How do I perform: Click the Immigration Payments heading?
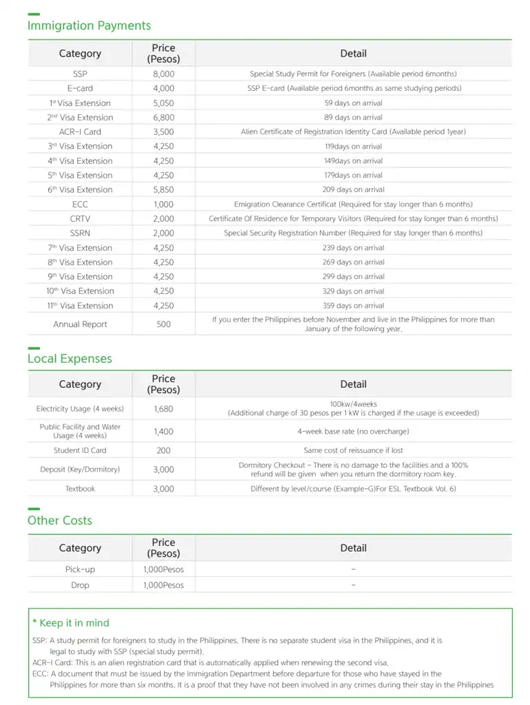click(x=89, y=25)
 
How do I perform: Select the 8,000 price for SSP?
click(x=163, y=74)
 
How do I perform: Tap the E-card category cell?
click(x=80, y=88)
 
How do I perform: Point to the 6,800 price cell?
click(x=163, y=117)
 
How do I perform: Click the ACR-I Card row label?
click(x=80, y=131)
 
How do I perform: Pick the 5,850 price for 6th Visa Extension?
click(x=163, y=189)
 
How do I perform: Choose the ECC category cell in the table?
click(x=80, y=204)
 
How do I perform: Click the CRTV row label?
click(x=80, y=219)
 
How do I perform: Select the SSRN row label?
click(x=80, y=233)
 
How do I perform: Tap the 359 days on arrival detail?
click(x=353, y=306)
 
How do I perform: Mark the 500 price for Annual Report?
click(x=163, y=324)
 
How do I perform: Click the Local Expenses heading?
click(x=70, y=359)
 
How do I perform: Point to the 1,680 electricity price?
click(x=163, y=409)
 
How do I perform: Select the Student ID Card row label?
click(x=80, y=450)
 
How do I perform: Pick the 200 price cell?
click(x=163, y=450)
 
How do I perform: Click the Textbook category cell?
click(x=80, y=489)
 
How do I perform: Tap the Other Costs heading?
click(x=60, y=520)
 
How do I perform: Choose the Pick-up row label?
click(x=80, y=569)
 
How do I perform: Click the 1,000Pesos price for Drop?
click(x=163, y=585)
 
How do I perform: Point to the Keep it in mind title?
click(x=71, y=623)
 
